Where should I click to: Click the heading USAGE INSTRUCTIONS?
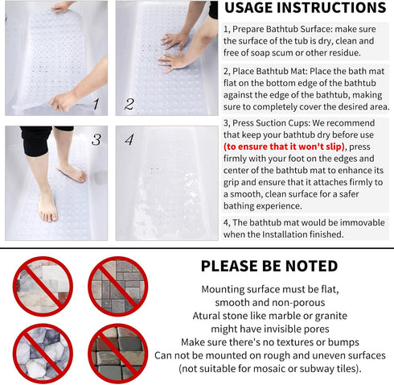tap(305, 9)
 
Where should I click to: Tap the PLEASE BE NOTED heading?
tap(269, 266)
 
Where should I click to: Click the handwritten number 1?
tap(95, 103)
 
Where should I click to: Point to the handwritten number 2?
tap(129, 104)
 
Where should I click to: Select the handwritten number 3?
tap(96, 139)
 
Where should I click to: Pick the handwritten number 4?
tap(129, 139)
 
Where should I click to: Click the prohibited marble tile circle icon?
tap(43, 285)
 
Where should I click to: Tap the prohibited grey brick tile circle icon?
tap(117, 285)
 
